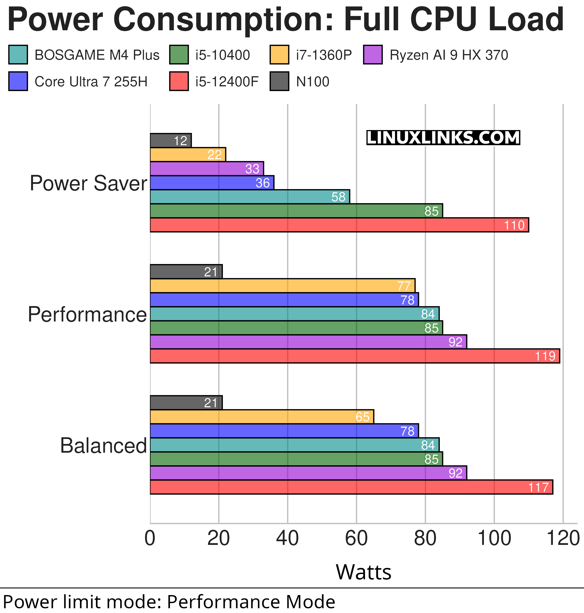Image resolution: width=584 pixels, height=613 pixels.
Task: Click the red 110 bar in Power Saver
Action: pyautogui.click(x=339, y=225)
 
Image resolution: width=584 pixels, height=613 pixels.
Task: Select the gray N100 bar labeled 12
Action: pyautogui.click(x=170, y=140)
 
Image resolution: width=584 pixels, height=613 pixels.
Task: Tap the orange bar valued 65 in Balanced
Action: pyautogui.click(x=262, y=417)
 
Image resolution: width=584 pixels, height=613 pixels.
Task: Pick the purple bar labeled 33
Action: pyautogui.click(x=207, y=169)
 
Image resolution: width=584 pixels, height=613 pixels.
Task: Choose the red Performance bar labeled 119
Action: pyautogui.click(x=355, y=356)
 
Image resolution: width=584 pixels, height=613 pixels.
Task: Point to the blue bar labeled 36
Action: pyautogui.click(x=212, y=183)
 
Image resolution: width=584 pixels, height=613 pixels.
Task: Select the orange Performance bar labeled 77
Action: pyautogui.click(x=282, y=286)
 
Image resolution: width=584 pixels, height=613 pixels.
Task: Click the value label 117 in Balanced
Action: pyautogui.click(x=538, y=487)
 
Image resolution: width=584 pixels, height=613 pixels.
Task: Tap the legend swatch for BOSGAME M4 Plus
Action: pyautogui.click(x=18, y=55)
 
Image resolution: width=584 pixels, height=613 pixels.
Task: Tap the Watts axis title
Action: pyautogui.click(x=363, y=572)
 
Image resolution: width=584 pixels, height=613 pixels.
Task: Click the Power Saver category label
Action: pyautogui.click(x=88, y=183)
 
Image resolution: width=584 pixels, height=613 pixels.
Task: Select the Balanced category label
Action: pyautogui.click(x=103, y=446)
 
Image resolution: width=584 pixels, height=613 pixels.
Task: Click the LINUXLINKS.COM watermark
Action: pyautogui.click(x=443, y=138)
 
